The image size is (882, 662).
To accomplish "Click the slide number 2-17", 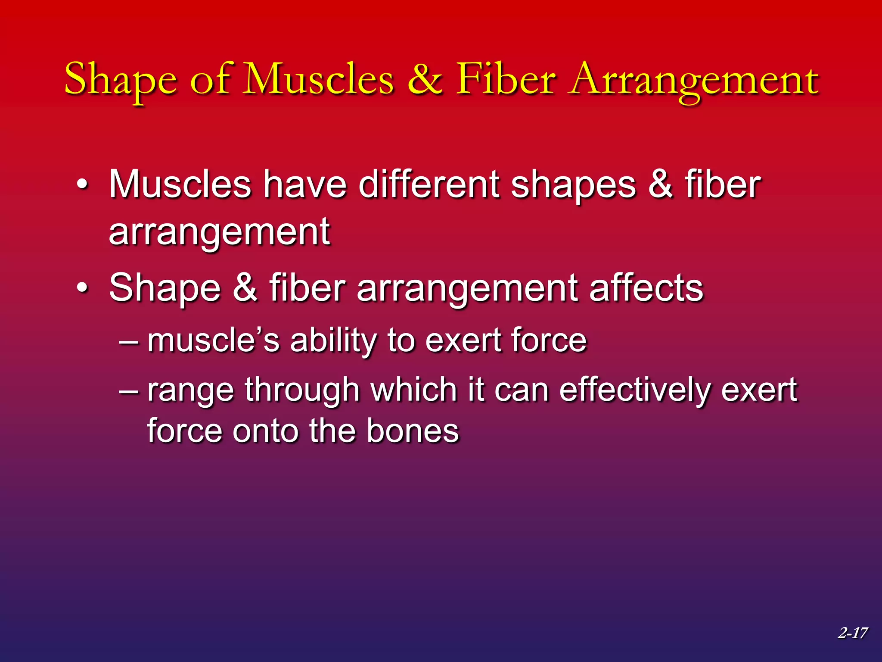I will click(x=852, y=633).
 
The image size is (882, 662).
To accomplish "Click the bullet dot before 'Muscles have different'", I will click(x=82, y=185).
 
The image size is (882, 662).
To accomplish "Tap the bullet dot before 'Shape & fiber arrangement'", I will click(x=82, y=288).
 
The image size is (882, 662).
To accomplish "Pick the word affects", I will click(x=646, y=288).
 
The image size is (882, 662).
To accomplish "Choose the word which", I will click(x=413, y=390).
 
